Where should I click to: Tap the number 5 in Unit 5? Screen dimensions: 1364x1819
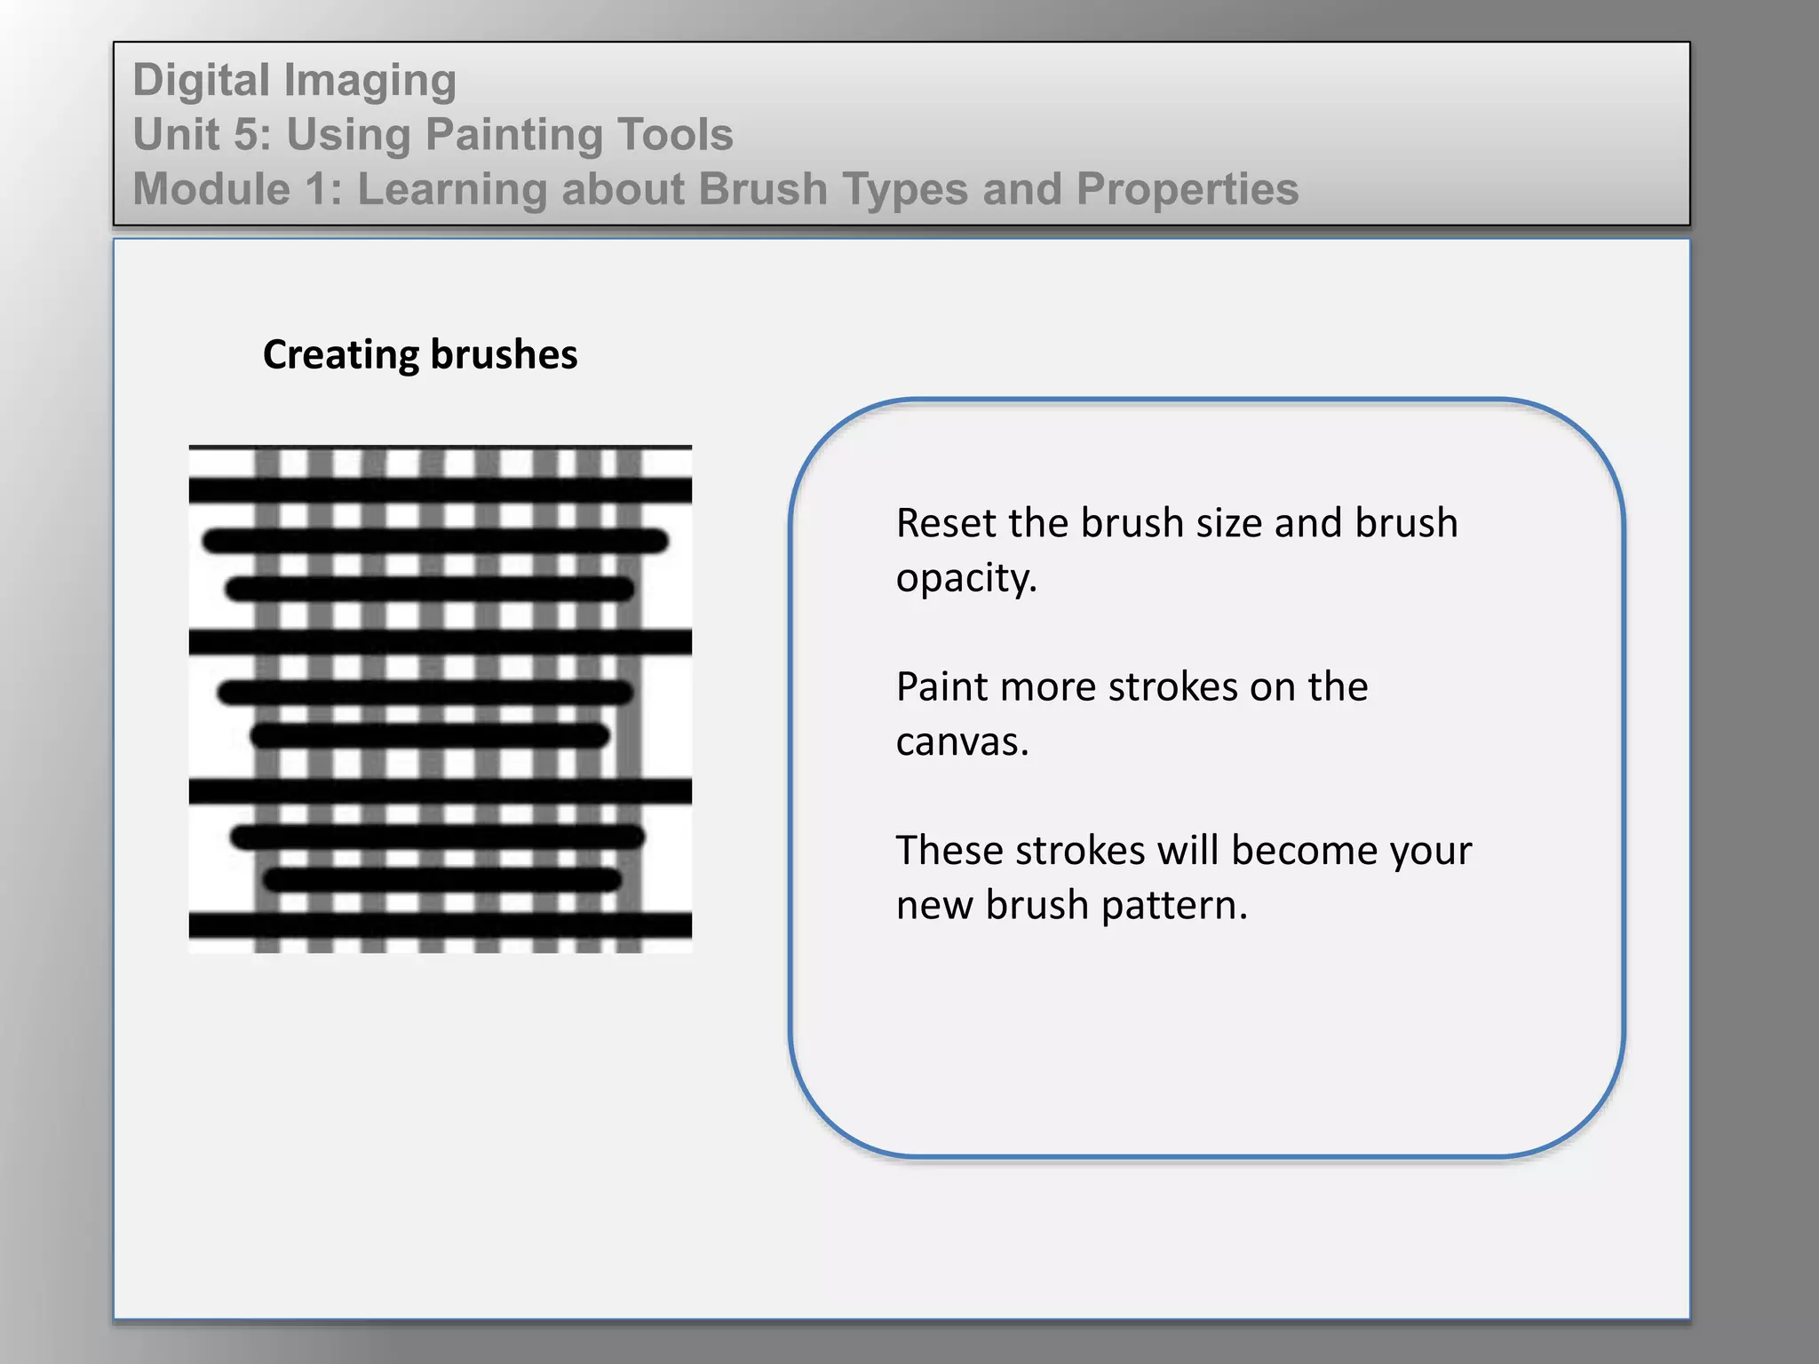pyautogui.click(x=247, y=135)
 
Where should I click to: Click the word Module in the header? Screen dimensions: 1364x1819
pyautogui.click(x=211, y=189)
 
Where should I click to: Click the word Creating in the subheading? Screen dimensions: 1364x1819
pyautogui.click(x=341, y=354)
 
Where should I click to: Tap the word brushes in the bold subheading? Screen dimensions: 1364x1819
pyautogui.click(x=504, y=354)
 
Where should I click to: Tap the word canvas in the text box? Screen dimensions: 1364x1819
pyautogui.click(x=960, y=741)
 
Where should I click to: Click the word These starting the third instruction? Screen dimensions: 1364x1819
pyautogui.click(x=949, y=851)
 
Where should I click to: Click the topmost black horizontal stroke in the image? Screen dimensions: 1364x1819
pyautogui.click(x=440, y=489)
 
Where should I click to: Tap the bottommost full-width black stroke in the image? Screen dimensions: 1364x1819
pyautogui.click(x=440, y=925)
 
